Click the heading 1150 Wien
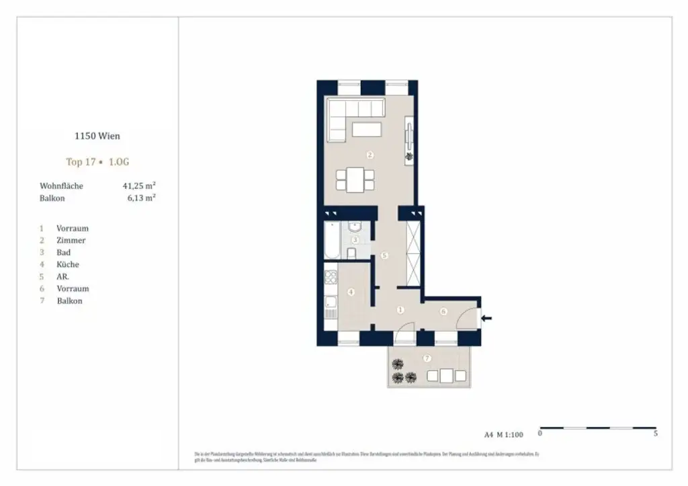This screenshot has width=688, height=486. coord(97,136)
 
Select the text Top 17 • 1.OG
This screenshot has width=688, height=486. coord(97,161)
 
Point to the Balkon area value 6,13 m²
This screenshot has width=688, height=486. coord(142,198)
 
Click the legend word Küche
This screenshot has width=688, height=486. coord(68,264)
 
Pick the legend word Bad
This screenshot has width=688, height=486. coord(64,252)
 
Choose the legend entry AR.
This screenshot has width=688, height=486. coord(63,276)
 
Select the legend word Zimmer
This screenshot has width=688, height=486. coord(71,240)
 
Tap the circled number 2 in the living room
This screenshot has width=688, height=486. coord(370,155)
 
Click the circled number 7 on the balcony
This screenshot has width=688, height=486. coord(427,358)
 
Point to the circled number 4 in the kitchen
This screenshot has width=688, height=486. coord(351,292)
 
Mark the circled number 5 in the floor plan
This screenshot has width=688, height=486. coord(384,255)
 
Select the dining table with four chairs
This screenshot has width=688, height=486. coord(355,179)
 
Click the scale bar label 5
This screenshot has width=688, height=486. coord(655,434)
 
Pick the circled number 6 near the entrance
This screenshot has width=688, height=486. coord(443,311)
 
